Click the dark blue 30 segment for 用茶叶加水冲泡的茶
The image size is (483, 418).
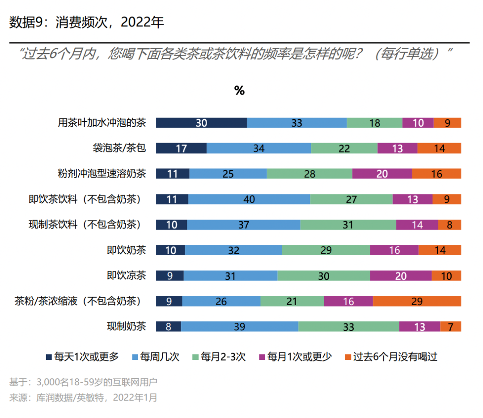[201, 123]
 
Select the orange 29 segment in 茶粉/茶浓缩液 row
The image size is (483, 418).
[417, 302]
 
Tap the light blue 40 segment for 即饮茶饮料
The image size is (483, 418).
[249, 200]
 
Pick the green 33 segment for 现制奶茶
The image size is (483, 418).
[348, 327]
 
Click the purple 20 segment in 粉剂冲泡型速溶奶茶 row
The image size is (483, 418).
[382, 174]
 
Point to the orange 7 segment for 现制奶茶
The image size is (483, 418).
[450, 327]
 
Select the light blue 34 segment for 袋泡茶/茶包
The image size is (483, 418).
[258, 149]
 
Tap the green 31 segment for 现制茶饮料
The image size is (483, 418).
[348, 225]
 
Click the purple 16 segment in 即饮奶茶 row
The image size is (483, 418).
[394, 251]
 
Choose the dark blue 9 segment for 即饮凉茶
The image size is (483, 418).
[169, 276]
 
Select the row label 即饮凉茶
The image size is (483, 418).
[126, 276]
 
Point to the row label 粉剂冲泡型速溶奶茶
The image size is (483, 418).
[102, 174]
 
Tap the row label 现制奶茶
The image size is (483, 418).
[126, 327]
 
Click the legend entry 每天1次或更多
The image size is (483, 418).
[82, 357]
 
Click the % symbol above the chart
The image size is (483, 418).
[239, 91]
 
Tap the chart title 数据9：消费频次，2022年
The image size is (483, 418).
[87, 22]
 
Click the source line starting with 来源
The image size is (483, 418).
[83, 397]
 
